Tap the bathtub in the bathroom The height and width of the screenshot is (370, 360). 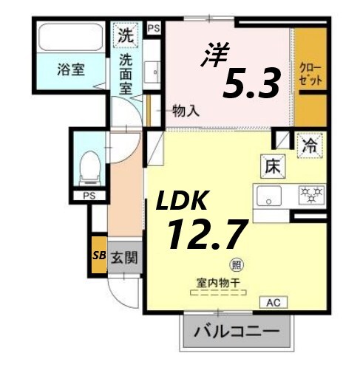[70, 38]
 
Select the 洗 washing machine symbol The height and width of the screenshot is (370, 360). [126, 34]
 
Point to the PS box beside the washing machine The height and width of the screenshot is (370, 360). [154, 29]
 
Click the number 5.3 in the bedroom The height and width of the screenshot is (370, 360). [251, 85]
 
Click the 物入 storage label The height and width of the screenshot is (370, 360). [186, 112]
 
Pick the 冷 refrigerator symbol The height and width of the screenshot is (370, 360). [309, 145]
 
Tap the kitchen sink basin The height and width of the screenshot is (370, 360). [268, 197]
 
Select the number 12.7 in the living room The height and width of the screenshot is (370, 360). [205, 235]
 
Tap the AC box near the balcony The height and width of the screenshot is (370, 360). [272, 302]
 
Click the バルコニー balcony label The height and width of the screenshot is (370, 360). [237, 331]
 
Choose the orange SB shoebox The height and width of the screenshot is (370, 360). [98, 256]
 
